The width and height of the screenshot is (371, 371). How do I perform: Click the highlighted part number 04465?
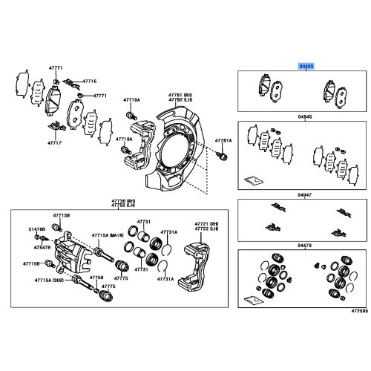pyautogui.click(x=306, y=65)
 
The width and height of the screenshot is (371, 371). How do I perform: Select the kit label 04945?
pyautogui.click(x=306, y=116)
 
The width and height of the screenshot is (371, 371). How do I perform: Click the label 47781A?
pyautogui.click(x=224, y=140)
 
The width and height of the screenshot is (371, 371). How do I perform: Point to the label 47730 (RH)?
pyautogui.click(x=123, y=200)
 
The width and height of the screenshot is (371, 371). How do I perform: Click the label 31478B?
pyautogui.click(x=38, y=229)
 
